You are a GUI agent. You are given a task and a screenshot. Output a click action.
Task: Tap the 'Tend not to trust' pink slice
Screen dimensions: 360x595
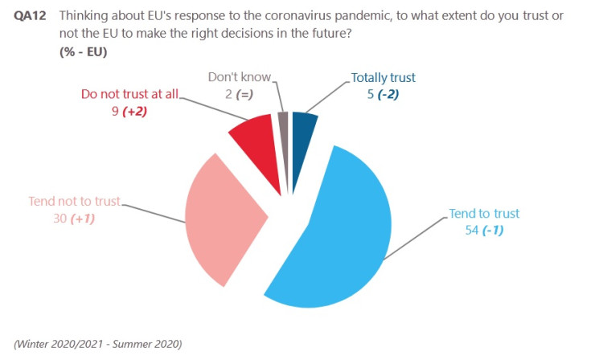(221, 217)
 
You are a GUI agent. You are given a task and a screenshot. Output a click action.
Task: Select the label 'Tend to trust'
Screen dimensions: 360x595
(483, 214)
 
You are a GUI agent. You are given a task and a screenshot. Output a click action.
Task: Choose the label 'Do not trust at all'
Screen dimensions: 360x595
(130, 93)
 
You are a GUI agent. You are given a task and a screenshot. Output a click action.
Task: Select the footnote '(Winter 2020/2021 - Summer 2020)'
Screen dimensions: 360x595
(99, 343)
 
